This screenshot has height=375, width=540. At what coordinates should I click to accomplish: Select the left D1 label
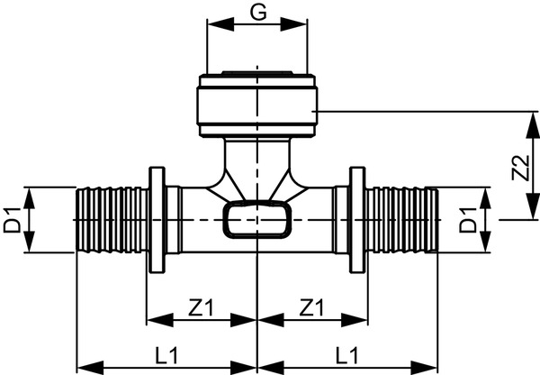click(x=13, y=219)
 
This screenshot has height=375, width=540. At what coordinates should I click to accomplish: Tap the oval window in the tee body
click(x=257, y=219)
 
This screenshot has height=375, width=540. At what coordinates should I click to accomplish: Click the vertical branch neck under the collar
click(x=257, y=162)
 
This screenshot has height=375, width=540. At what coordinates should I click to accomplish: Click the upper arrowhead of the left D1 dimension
click(x=32, y=194)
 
